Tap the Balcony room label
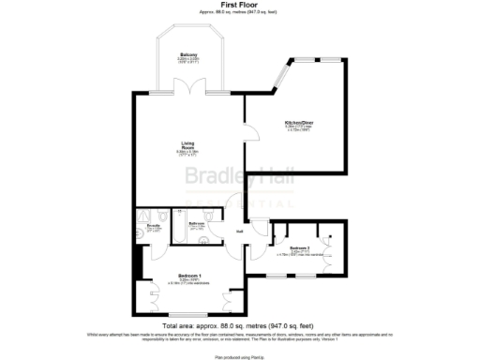(187, 55)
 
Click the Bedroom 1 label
(190, 275)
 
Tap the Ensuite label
(155, 225)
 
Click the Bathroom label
(197, 223)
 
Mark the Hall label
(239, 231)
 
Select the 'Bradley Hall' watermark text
(229, 176)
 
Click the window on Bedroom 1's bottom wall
(187, 315)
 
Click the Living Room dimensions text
(187, 152)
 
